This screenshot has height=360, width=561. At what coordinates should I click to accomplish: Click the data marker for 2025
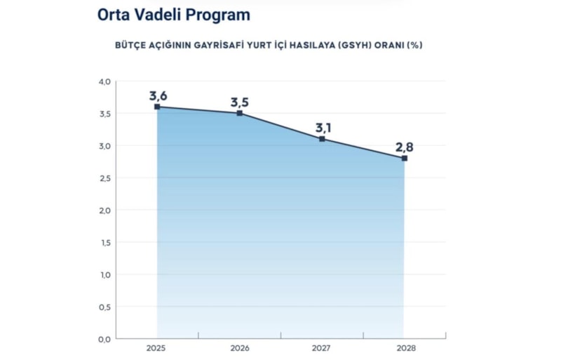[x=157, y=107]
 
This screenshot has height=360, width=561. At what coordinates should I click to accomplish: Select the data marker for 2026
[x=240, y=113]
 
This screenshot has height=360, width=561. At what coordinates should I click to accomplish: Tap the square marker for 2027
[x=322, y=139]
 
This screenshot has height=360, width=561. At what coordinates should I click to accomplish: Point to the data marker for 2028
[x=405, y=158]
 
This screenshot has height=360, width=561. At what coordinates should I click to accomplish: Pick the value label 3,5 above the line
[x=240, y=102]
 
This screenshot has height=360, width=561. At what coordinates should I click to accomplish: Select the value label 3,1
[x=322, y=128]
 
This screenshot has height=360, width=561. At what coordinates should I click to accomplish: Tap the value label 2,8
[x=405, y=147]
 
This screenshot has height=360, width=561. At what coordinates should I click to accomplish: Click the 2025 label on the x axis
[x=157, y=347]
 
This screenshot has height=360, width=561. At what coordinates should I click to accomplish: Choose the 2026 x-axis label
[x=240, y=347]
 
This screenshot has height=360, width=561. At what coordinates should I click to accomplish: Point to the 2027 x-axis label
[x=322, y=347]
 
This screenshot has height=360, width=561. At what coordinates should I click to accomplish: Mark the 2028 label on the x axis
[x=405, y=347]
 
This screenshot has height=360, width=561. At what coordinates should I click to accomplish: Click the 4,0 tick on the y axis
[x=104, y=81]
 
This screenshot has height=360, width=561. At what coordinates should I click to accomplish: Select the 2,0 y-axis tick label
[x=104, y=211]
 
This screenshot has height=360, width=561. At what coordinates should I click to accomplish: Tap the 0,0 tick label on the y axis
[x=104, y=339]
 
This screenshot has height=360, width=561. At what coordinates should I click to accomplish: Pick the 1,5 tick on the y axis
[x=104, y=243]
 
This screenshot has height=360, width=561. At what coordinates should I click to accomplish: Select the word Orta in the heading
[x=114, y=14]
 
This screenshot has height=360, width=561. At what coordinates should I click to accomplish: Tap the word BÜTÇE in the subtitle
[x=131, y=44]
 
